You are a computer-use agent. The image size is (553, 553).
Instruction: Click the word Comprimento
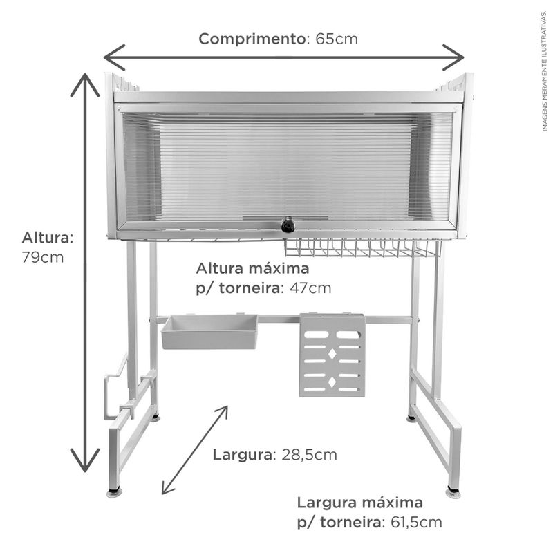coord(252,39)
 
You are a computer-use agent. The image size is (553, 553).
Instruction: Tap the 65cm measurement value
coord(337,39)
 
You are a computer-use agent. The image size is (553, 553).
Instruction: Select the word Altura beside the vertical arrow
coord(48,238)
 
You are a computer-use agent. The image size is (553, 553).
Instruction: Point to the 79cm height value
coord(43,257)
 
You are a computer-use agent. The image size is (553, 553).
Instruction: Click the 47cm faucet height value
coord(310,288)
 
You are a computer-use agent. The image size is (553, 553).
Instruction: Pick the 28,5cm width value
coord(309,455)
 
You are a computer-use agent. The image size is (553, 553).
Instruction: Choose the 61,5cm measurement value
coord(416,523)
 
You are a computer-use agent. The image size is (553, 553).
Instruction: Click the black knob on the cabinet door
coord(288,225)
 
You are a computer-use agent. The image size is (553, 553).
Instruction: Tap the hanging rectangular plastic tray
coord(210,332)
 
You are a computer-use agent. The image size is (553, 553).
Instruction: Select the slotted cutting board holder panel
coord(332,355)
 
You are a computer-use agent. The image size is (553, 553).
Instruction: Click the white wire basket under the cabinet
coord(362,248)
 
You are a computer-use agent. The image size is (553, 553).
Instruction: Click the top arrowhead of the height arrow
coord(85,84)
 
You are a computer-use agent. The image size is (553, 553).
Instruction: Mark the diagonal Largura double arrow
coord(195,450)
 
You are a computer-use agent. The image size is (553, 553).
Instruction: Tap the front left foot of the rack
coord(114,492)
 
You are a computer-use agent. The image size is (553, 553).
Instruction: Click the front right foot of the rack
coord(453,493)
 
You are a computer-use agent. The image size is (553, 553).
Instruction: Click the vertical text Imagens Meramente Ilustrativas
coord(545,71)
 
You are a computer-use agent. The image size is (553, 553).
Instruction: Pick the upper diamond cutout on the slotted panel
coord(332,354)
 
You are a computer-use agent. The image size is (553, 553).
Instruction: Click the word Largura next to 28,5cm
coord(243,455)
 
